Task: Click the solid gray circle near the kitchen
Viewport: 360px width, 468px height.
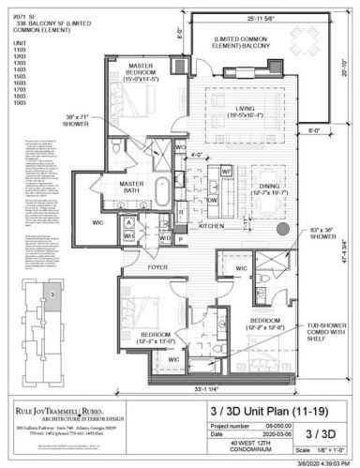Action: [x=282, y=231]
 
